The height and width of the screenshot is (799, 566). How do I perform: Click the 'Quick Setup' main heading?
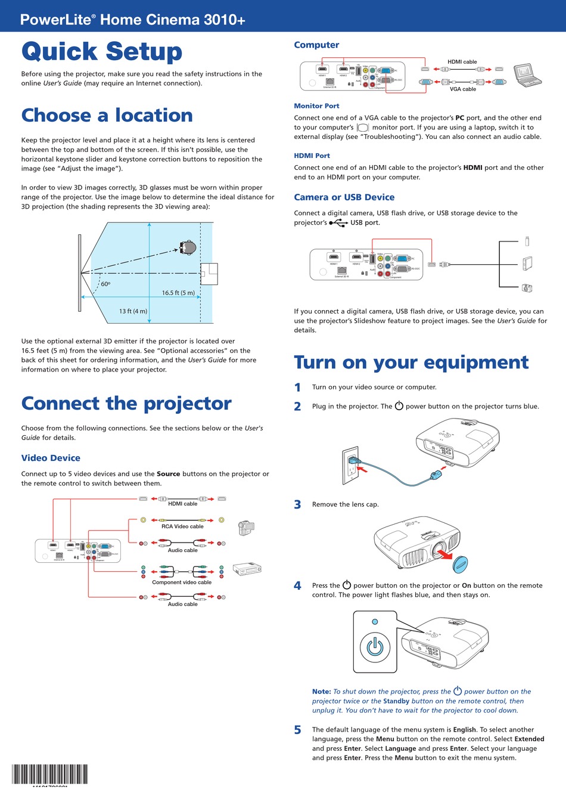click(102, 52)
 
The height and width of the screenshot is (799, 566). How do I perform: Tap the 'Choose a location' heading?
click(107, 115)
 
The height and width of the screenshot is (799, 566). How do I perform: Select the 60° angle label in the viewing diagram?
click(105, 284)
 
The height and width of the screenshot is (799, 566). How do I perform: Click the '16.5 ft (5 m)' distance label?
click(178, 293)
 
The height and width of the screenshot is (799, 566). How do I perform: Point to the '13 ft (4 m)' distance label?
click(133, 311)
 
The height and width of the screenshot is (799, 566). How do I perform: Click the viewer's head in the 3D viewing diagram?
click(188, 247)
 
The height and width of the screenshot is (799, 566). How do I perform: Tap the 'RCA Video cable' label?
click(182, 527)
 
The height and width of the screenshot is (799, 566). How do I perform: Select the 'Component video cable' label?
click(182, 582)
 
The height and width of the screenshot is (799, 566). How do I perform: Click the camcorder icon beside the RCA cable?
click(245, 528)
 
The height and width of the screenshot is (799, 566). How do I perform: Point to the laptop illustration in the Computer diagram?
click(527, 74)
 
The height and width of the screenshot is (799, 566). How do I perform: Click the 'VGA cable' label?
click(463, 89)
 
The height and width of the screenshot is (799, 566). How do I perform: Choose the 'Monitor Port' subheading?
click(316, 106)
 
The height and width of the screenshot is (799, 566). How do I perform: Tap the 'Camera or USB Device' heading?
click(344, 197)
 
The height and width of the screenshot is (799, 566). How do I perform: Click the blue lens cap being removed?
click(461, 563)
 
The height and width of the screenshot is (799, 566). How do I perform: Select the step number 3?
click(297, 504)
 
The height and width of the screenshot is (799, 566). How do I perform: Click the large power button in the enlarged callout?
click(375, 647)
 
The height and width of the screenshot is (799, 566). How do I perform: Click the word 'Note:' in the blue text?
click(321, 692)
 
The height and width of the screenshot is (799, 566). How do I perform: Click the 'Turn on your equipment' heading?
click(411, 363)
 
